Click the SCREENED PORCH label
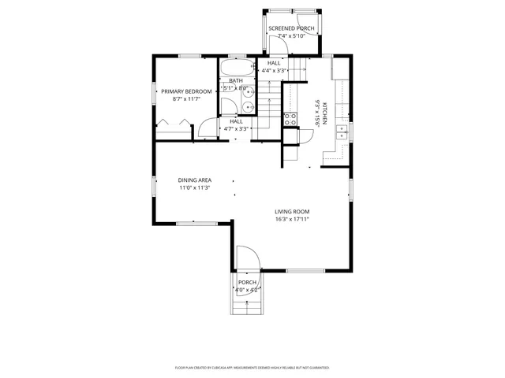[x=291, y=28]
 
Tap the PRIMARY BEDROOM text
[x=186, y=91]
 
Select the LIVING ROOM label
[x=292, y=211]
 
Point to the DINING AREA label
[x=194, y=180]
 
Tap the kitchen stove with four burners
[x=290, y=120]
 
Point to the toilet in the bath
[x=248, y=109]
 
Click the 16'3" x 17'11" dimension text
[x=292, y=220]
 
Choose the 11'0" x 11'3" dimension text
[x=194, y=188]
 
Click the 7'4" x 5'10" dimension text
[x=291, y=36]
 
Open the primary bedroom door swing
[x=207, y=129]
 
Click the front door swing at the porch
[x=247, y=258]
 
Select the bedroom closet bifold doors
[x=173, y=124]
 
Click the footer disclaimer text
[x=252, y=368]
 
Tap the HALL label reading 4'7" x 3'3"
[x=236, y=124]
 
